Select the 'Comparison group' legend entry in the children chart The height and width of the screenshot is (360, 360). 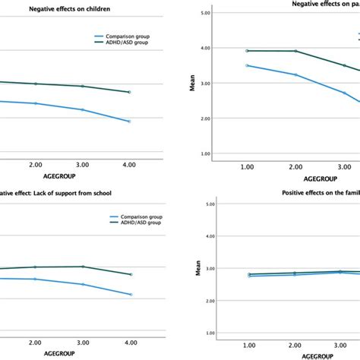coord(125,36)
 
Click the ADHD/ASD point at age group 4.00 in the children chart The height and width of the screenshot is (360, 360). coord(129,92)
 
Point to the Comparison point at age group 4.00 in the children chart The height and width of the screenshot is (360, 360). coord(129,121)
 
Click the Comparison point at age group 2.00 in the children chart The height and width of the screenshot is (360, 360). coord(36,103)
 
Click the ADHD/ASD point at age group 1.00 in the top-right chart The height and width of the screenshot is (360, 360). coord(247,50)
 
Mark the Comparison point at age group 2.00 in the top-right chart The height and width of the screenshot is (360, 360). coord(295,74)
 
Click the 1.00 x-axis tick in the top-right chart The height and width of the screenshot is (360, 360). coord(247,164)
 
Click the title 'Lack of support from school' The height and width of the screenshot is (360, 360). coord(56,194)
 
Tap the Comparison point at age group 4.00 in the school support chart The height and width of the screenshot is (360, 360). coord(130,295)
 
